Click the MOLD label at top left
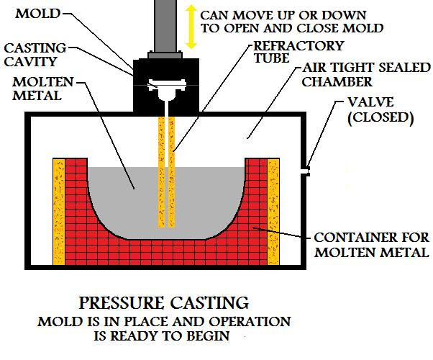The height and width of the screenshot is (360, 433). point(37,14)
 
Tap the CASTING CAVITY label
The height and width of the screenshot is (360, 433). point(35,55)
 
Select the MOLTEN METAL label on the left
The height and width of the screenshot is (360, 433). point(43,89)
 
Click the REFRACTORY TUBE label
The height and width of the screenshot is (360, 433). point(298,52)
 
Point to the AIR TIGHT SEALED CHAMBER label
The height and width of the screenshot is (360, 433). point(366,75)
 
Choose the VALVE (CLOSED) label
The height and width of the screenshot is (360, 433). point(380,110)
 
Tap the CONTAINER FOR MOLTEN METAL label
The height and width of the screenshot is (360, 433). point(372,245)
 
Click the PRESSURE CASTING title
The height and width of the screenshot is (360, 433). point(164,303)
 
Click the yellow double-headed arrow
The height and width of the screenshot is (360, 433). point(191,27)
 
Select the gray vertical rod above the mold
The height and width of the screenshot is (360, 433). point(165,26)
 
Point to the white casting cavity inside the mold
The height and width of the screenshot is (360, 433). point(166,89)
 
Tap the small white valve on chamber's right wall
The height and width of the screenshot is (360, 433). point(305,171)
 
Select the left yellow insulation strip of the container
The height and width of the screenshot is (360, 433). point(59,212)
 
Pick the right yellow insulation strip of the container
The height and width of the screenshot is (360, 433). point(273,212)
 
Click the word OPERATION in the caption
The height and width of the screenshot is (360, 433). point(250,322)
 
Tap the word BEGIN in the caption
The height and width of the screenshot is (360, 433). point(208,336)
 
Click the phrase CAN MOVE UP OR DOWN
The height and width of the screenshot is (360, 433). point(283,15)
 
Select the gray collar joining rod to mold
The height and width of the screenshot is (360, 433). point(165,55)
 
